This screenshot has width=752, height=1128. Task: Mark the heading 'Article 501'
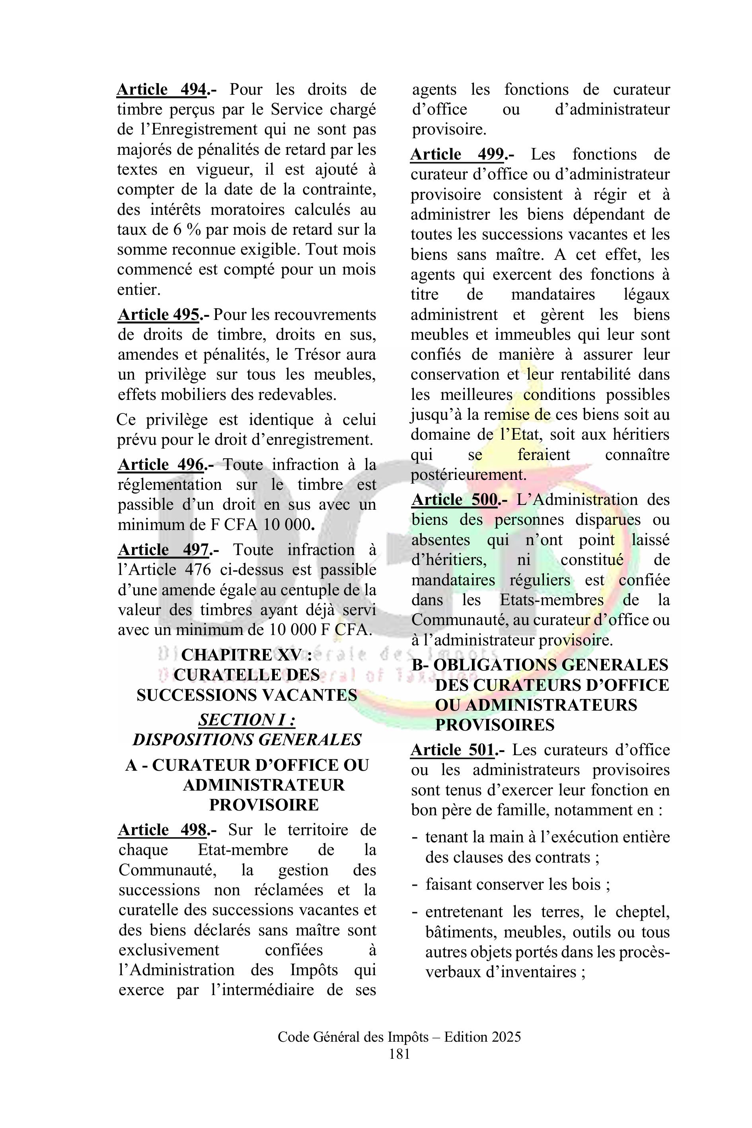[x=452, y=750]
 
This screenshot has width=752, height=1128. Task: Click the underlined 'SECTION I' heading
[x=247, y=720]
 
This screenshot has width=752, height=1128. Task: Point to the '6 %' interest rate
[x=187, y=230]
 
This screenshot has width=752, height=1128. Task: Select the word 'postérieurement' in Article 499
[x=469, y=475]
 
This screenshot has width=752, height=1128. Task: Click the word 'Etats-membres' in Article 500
[x=551, y=600]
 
